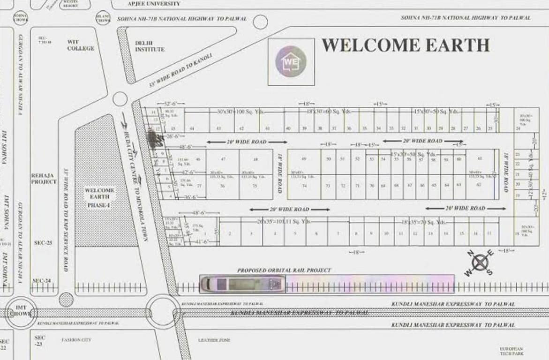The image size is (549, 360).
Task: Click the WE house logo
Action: pos(291,61)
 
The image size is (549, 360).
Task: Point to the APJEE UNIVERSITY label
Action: pos(154,4)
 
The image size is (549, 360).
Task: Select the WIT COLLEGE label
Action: pos(80,45)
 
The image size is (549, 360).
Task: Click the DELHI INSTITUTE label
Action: pos(150,46)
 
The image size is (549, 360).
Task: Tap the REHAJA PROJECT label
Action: pos(44,179)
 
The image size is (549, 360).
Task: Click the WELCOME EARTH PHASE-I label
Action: pos(99,198)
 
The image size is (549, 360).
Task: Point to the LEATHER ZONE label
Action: pos(214,340)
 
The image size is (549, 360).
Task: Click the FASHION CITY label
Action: pos(76,340)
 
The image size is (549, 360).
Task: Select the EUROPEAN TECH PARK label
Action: pos(511,352)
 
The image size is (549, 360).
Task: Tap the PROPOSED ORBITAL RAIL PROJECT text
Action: pos(284,270)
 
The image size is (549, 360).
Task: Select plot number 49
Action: pos(304,159)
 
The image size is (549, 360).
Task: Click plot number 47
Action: pos(223,159)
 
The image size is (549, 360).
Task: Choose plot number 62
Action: pos(479,185)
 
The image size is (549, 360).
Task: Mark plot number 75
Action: pos(255,186)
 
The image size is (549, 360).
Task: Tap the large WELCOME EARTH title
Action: pos(406,45)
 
